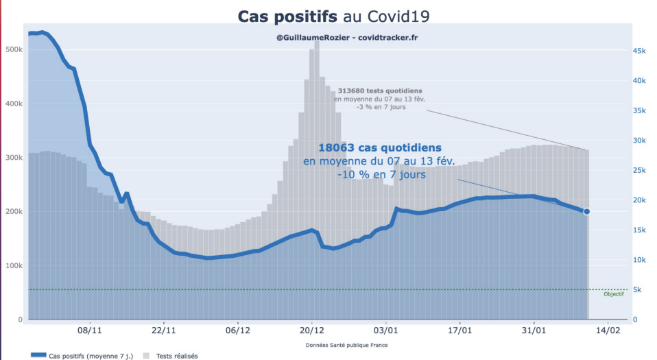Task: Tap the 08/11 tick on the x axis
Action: coord(90,329)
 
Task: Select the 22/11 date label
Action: coord(164,329)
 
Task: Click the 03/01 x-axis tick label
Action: coord(385,329)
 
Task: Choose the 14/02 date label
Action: coord(608,329)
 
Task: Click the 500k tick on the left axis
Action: coord(14,50)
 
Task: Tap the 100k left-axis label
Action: coord(14,266)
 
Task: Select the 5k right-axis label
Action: coord(638,290)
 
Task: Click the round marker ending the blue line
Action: coord(586,211)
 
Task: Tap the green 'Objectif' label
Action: coord(613,294)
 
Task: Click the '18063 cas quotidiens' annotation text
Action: coord(380,147)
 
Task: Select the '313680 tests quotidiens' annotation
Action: coord(379,91)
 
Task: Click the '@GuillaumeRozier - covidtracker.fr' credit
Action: coord(346,37)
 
